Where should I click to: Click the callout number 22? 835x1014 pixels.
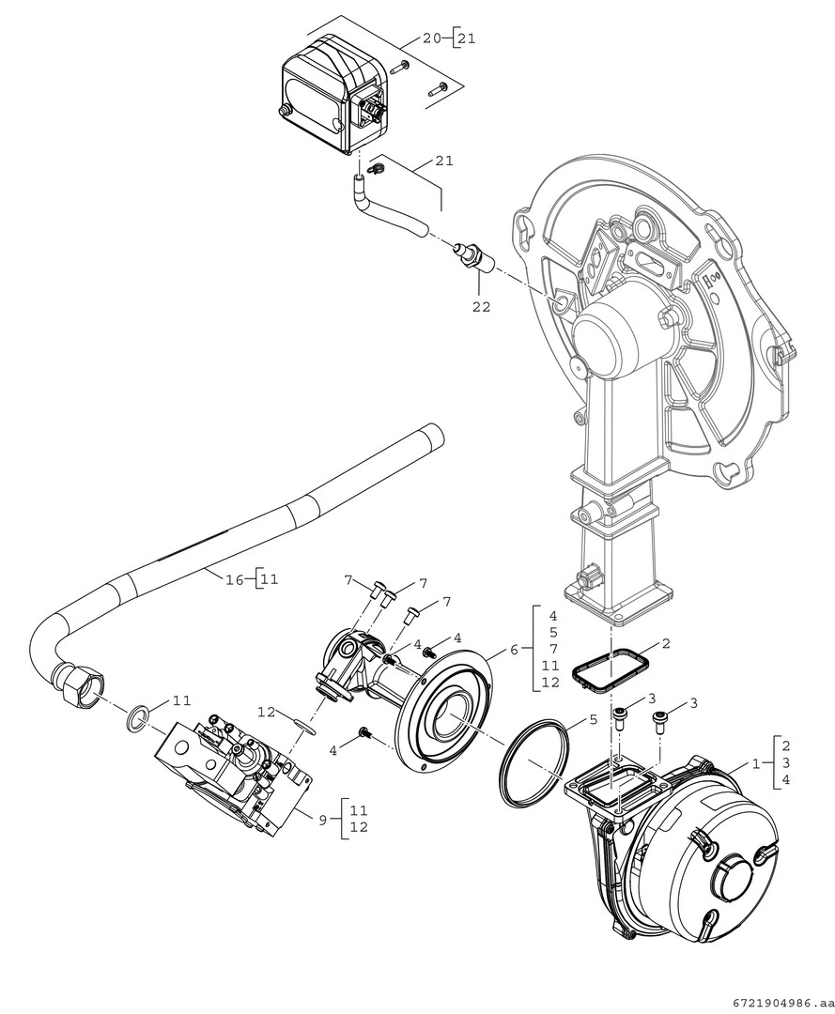click(481, 306)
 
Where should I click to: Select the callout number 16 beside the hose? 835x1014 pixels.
click(234, 579)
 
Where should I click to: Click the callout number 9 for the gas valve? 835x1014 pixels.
click(323, 820)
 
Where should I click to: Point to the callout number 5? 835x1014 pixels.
click(593, 718)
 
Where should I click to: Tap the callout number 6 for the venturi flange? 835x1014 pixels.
click(514, 649)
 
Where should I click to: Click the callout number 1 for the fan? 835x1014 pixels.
click(754, 763)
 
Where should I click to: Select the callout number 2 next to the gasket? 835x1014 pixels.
click(666, 643)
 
